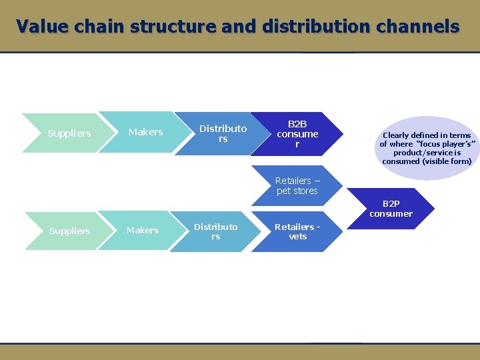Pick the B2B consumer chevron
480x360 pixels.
(297, 134)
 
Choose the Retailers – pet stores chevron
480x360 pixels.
(297, 185)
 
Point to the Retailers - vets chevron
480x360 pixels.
(297, 231)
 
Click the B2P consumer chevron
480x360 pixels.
(391, 209)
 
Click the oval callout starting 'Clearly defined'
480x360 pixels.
(427, 148)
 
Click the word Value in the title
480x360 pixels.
(42, 27)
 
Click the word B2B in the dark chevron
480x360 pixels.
(297, 124)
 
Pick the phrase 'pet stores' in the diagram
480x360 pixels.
(297, 191)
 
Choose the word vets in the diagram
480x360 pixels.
(297, 237)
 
